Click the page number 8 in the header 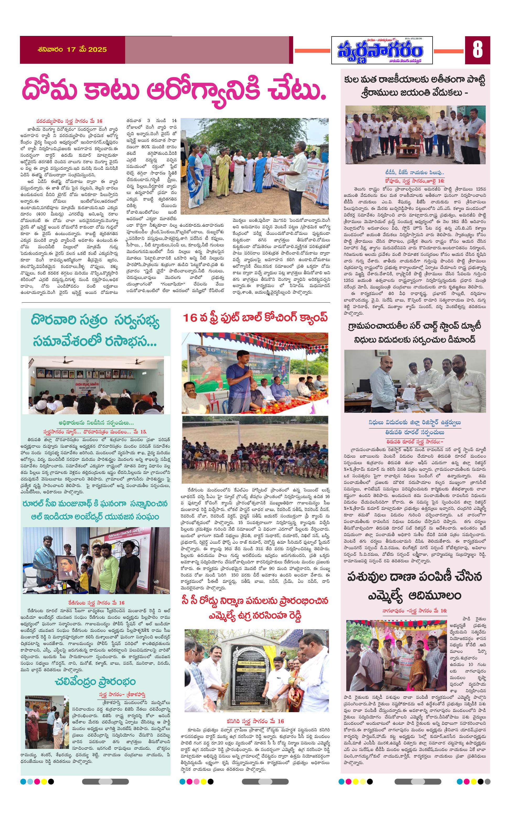tap(477, 50)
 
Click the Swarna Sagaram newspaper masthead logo tap(382, 50)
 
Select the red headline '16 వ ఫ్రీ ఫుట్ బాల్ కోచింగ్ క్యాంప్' tap(255, 318)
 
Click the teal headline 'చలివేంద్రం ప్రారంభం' tap(95, 682)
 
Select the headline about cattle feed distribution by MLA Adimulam tap(415, 586)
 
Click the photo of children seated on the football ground tap(255, 449)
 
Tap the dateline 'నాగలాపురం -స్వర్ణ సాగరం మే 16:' tap(414, 610)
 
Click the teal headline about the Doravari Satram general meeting tap(95, 331)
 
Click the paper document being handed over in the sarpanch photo tap(410, 392)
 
